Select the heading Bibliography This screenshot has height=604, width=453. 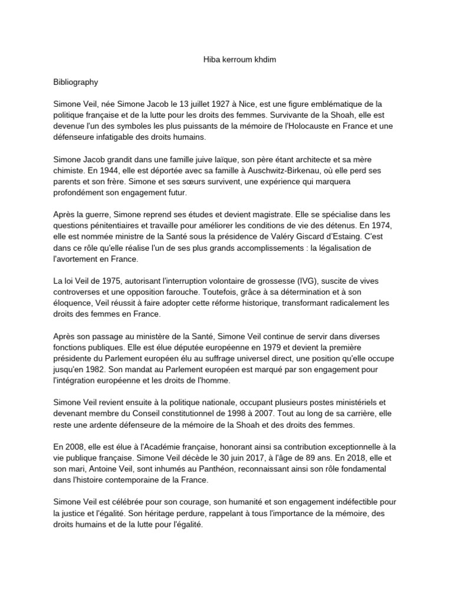click(x=77, y=83)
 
